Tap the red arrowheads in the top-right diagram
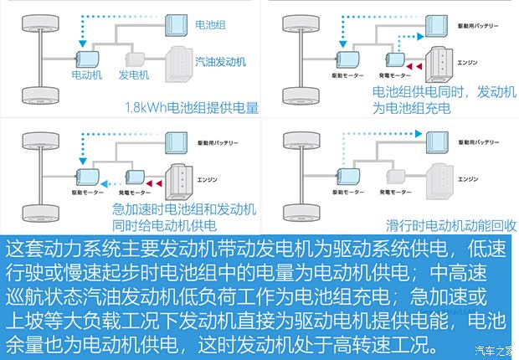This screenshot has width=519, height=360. [414, 65]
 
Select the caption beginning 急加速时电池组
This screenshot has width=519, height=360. [184, 217]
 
